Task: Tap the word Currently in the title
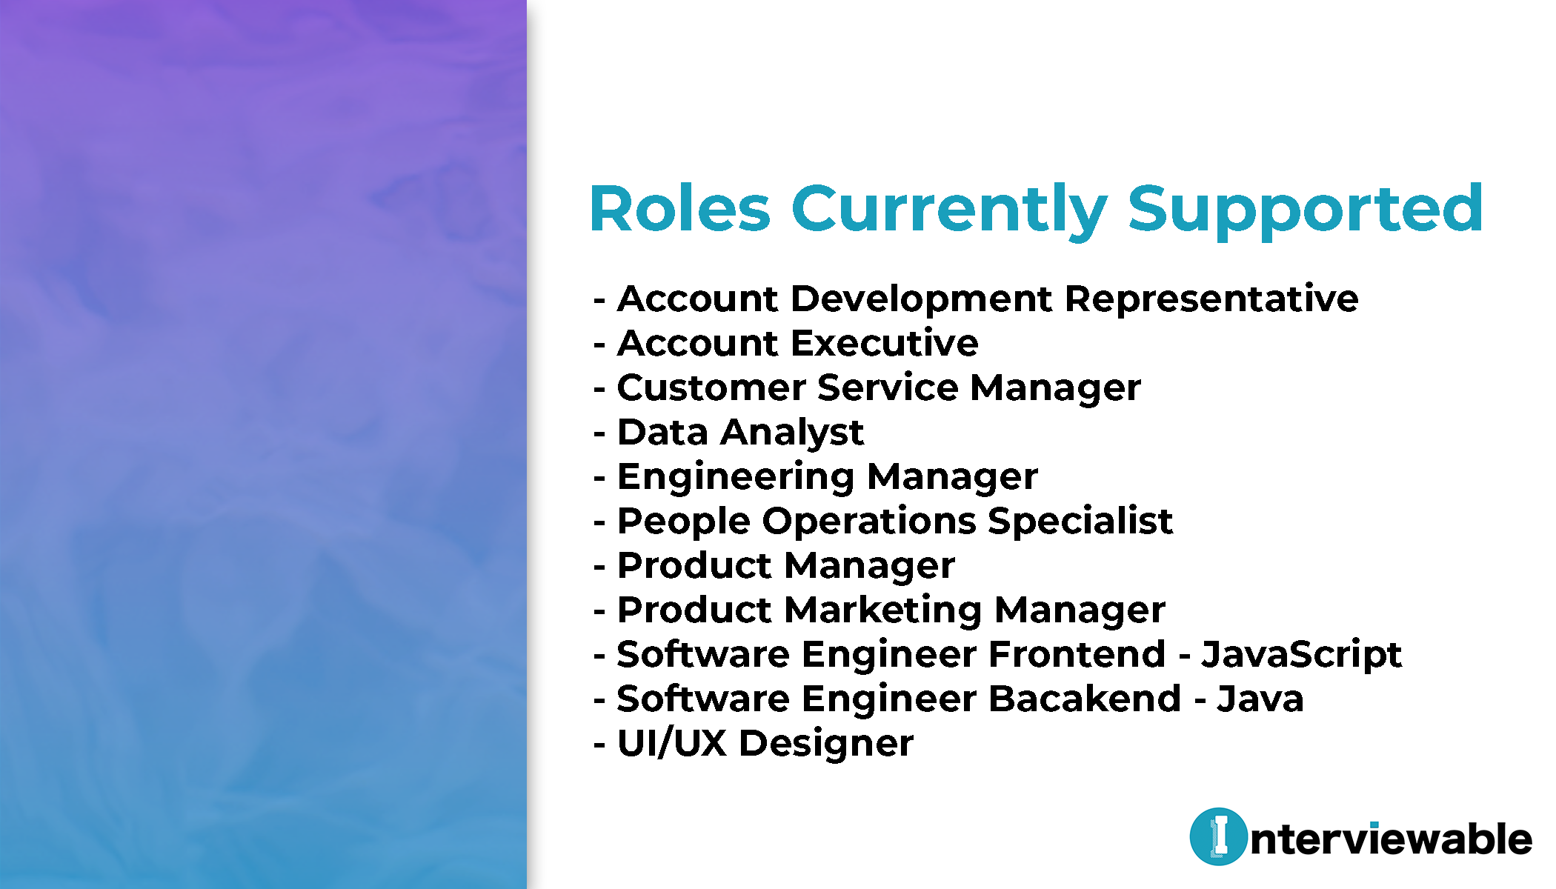950,211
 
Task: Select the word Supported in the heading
1306,211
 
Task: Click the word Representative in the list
1211,300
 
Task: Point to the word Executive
885,343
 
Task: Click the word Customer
711,387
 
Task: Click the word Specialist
1080,522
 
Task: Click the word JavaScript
1301,656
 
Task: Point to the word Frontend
1077,654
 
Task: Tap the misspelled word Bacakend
1085,699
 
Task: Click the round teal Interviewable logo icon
1218,836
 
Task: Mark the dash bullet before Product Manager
600,567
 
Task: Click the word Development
922,300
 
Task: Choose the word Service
888,387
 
